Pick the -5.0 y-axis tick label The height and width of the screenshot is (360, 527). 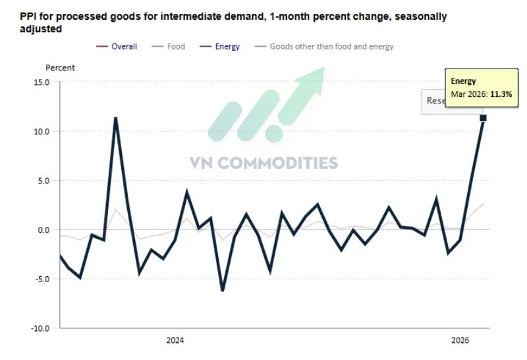[42, 279]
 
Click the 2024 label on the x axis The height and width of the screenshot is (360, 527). [175, 341]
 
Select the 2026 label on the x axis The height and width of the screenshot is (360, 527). [459, 341]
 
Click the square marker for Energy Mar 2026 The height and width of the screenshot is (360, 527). [483, 118]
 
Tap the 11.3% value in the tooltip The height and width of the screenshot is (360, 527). [501, 94]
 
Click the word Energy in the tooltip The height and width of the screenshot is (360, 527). [463, 81]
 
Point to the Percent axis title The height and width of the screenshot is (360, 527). [60, 68]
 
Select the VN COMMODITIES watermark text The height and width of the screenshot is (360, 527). [263, 163]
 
